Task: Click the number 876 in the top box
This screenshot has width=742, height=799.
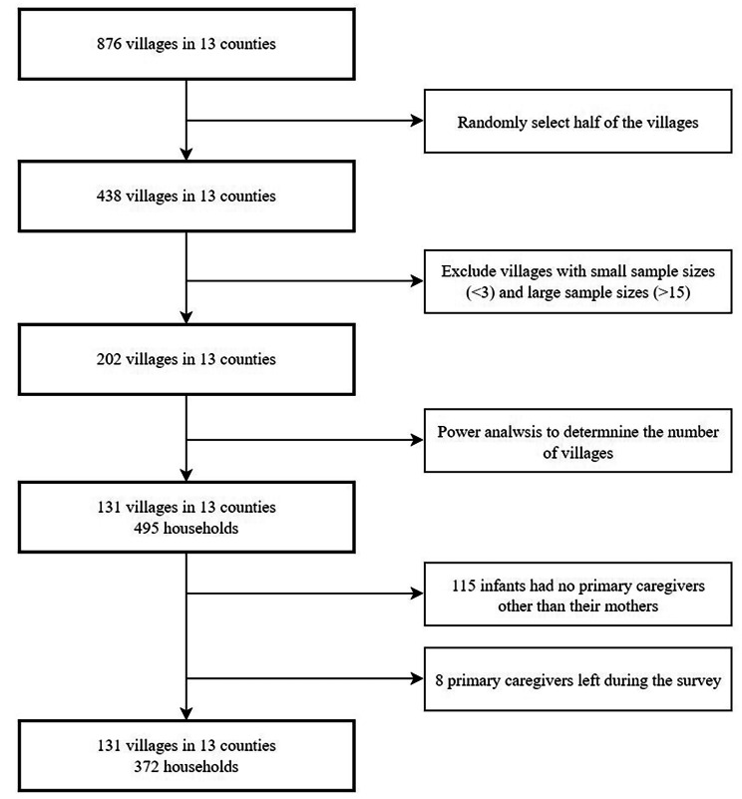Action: pos(109,44)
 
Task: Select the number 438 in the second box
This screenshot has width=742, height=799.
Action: pos(109,197)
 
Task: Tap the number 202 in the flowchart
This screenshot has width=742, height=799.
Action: pos(109,359)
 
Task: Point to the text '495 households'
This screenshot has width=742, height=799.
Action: pos(186,529)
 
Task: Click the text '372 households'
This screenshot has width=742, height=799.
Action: pos(186,767)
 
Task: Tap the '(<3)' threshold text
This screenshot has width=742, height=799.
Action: pos(480,293)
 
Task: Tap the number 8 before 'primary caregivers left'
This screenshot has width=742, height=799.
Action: pos(439,680)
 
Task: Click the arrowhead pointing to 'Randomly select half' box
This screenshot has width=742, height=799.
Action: pos(417,121)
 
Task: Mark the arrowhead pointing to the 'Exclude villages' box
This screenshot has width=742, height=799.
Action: pos(417,280)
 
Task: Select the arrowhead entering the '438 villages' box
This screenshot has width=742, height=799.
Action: pos(186,155)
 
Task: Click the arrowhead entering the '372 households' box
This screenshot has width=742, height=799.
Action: pos(186,713)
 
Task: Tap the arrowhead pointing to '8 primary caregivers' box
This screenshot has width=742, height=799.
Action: pos(417,678)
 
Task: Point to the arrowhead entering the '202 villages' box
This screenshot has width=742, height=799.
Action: pos(186,317)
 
